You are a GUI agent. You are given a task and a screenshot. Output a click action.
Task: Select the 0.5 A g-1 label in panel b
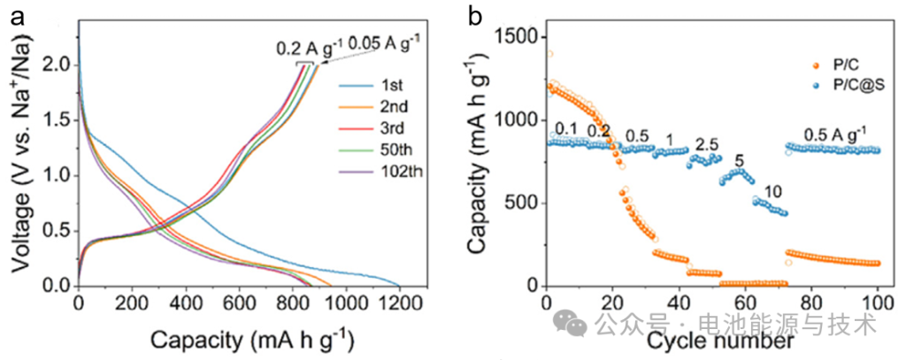tap(834, 134)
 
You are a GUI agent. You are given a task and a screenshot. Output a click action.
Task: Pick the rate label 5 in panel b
tap(740, 161)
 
